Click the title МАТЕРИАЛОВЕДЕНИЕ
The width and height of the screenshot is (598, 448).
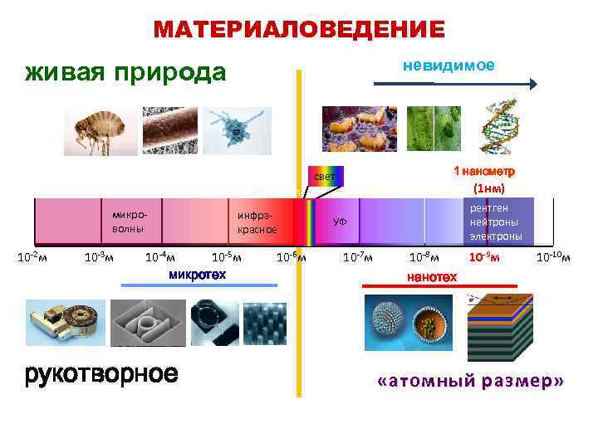[299, 30]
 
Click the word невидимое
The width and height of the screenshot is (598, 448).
[448, 66]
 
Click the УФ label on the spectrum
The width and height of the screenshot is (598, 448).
[340, 222]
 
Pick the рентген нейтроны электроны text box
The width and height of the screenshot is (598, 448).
[496, 222]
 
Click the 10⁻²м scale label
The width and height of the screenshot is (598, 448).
[32, 257]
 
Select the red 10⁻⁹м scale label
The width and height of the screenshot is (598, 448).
[483, 257]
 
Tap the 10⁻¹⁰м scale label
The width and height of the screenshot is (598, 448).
[553, 257]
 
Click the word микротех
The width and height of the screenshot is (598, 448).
[197, 274]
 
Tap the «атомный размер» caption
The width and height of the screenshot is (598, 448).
[470, 381]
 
